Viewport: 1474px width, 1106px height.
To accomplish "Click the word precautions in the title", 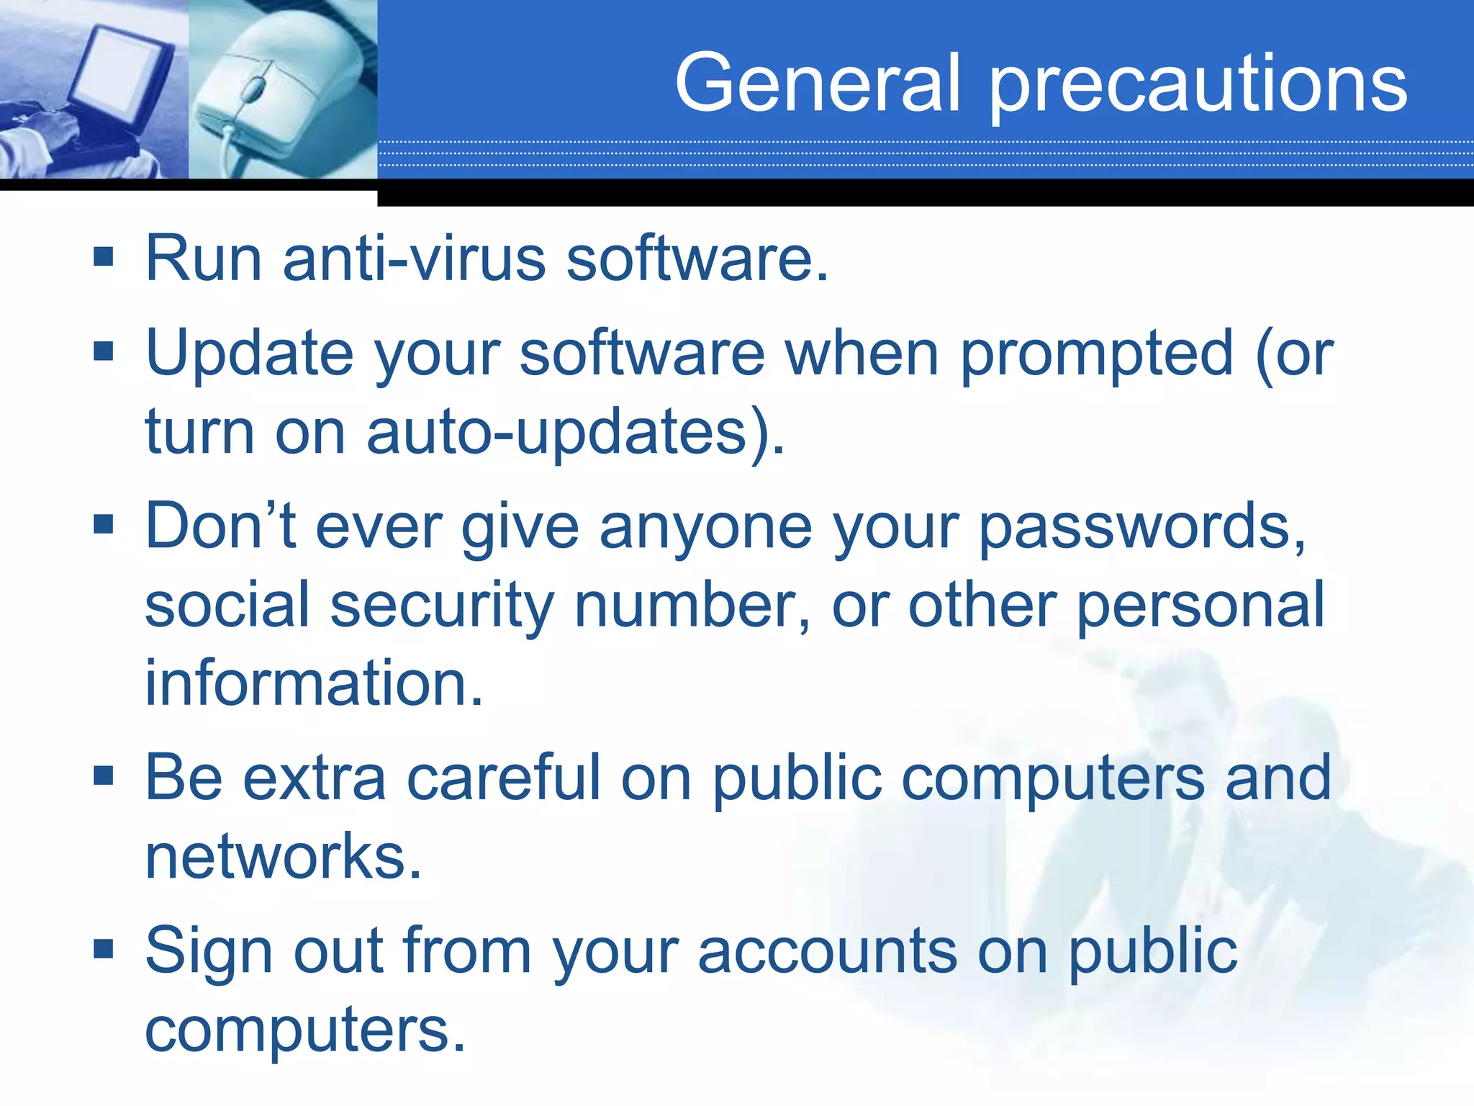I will click(1198, 86).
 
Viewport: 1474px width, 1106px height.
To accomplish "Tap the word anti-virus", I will click(414, 258).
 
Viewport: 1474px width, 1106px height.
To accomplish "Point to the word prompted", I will click(1097, 355).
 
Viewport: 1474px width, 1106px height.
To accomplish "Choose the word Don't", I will click(220, 526).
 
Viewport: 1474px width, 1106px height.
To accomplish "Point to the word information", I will click(313, 683).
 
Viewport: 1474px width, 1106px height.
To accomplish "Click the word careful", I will click(503, 778).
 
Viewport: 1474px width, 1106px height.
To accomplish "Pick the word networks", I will click(282, 856).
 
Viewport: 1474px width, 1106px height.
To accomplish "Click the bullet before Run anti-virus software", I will click(104, 256).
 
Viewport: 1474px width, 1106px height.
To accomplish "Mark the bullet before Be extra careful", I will click(104, 775).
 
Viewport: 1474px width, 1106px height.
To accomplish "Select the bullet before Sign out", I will click(104, 949).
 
